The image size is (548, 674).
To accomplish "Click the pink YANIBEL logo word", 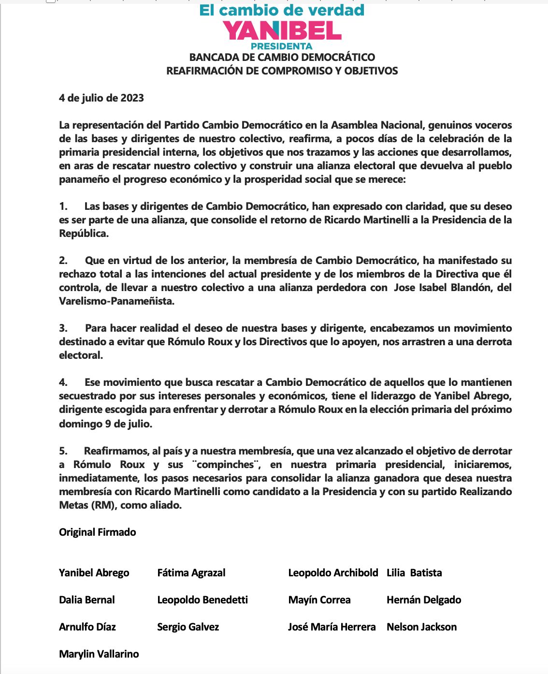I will [282, 30].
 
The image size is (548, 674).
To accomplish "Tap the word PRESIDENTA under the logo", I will [282, 46].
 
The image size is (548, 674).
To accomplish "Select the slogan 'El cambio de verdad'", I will [282, 10].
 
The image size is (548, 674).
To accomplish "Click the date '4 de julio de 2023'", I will [101, 98].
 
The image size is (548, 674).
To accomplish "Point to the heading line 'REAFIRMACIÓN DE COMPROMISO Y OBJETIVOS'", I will [282, 71].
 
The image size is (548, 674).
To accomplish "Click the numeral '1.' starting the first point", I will [63, 206].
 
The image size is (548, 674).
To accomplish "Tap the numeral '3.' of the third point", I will [63, 328].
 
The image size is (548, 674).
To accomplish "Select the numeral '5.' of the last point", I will [63, 451].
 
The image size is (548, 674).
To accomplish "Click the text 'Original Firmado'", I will [98, 532].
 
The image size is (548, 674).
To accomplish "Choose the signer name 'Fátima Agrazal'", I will [191, 573].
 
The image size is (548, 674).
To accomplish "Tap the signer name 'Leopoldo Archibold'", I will [333, 573].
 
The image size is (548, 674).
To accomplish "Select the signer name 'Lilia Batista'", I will [414, 573].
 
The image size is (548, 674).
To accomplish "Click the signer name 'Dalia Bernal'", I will [87, 600].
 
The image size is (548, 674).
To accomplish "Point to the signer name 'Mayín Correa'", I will [319, 600].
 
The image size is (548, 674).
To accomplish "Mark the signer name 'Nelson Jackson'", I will [422, 627].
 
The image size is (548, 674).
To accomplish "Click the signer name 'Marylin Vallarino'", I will [99, 654].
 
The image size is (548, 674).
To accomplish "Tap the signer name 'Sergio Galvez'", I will [188, 627].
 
